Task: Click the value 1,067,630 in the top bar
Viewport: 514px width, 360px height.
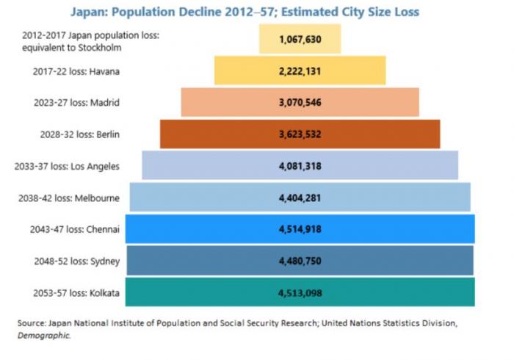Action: pos(300,40)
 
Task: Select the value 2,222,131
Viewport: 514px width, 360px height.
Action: pos(300,71)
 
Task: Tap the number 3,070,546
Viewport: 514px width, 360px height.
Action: pos(300,103)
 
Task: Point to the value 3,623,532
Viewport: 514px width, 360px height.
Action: pos(300,134)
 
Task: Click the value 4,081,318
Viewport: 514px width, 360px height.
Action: pos(300,166)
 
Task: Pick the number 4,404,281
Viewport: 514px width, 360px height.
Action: pos(300,198)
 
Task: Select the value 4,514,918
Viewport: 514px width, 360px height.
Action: pos(300,229)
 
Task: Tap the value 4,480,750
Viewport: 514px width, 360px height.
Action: pos(300,261)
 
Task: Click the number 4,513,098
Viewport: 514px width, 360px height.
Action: pos(300,292)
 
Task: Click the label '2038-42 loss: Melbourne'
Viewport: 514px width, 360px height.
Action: pos(72,198)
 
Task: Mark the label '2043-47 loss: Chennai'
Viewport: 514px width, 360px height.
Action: pos(75,229)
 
